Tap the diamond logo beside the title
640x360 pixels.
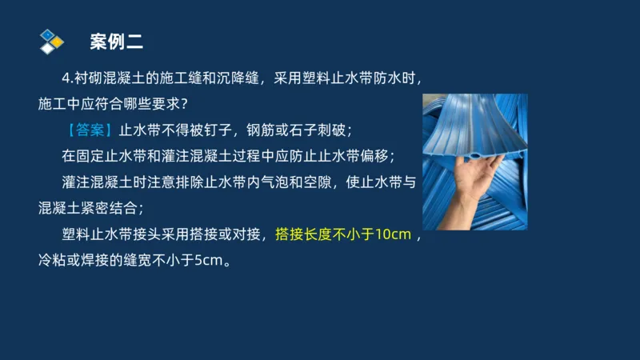(x=50, y=40)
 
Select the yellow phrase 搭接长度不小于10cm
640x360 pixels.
(x=343, y=235)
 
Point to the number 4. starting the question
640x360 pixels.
(x=67, y=78)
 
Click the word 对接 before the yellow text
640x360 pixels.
(x=246, y=235)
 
